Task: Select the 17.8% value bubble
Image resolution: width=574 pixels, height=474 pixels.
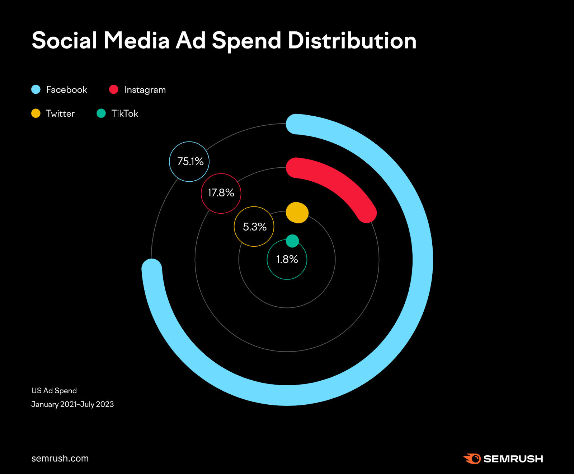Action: tap(221, 193)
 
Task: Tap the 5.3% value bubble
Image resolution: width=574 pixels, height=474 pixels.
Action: tap(254, 227)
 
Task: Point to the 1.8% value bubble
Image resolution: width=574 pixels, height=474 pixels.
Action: tap(287, 259)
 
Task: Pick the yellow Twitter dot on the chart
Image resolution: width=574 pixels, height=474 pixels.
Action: tap(297, 213)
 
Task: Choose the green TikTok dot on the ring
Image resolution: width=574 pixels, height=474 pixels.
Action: tap(292, 241)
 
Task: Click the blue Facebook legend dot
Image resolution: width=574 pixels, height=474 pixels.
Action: tap(36, 89)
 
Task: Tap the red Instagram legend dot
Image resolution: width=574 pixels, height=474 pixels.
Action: tap(114, 89)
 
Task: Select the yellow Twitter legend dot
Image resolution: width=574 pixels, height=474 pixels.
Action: tap(36, 113)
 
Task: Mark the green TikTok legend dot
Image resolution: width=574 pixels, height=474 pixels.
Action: tap(101, 113)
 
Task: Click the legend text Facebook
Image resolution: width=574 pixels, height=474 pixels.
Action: tap(67, 89)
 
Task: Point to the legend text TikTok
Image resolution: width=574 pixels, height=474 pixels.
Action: tap(124, 113)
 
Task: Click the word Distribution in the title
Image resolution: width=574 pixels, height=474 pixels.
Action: tap(352, 40)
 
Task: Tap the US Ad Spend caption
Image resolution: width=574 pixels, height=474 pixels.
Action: tap(54, 391)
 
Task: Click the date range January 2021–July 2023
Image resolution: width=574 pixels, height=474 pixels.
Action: tap(72, 404)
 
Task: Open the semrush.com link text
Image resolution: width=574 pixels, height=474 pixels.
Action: tap(60, 459)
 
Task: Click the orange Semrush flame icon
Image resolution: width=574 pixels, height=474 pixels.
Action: tap(472, 459)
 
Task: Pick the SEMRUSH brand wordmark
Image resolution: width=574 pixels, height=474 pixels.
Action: tap(513, 459)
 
